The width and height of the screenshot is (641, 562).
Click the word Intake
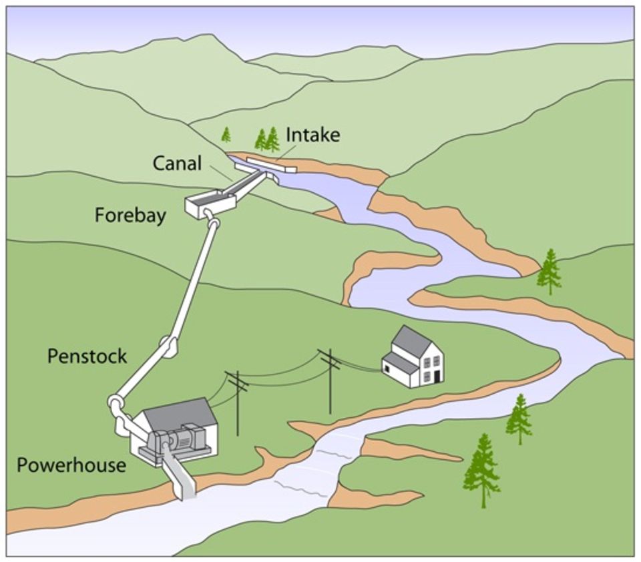pyautogui.click(x=312, y=135)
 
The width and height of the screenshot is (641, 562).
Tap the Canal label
pyautogui.click(x=176, y=163)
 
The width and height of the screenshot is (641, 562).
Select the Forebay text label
pyautogui.click(x=130, y=216)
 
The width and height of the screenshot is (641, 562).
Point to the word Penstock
pyautogui.click(x=87, y=356)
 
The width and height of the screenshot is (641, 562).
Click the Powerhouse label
pyautogui.click(x=71, y=465)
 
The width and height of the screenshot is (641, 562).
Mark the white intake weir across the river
pyautogui.click(x=271, y=164)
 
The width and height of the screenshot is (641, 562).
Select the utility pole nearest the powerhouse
pyautogui.click(x=237, y=400)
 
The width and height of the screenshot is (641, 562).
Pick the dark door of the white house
pyautogui.click(x=437, y=375)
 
